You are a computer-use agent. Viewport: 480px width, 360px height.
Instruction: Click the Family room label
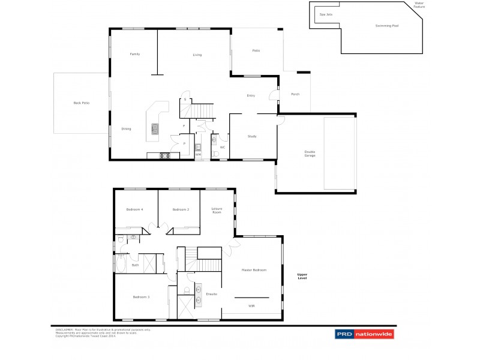pyautogui.click(x=135, y=55)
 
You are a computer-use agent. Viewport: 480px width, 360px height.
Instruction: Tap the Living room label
pyautogui.click(x=197, y=55)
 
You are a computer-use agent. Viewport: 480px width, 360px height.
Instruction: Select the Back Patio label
pyautogui.click(x=81, y=103)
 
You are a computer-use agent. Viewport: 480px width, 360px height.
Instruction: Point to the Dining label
pyautogui.click(x=126, y=129)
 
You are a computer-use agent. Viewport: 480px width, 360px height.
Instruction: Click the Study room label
pyautogui.click(x=252, y=137)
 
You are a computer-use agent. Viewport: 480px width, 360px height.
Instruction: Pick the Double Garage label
pyautogui.click(x=310, y=154)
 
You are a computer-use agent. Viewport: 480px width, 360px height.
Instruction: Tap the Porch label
pyautogui.click(x=295, y=95)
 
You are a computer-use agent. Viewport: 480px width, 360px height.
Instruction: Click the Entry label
pyautogui.click(x=251, y=96)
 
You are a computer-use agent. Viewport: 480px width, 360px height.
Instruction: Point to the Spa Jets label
pyautogui.click(x=326, y=14)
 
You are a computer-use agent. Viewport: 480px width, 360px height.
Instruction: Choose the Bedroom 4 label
pyautogui.click(x=134, y=209)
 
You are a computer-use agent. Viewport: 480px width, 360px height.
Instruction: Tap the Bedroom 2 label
pyautogui.click(x=181, y=209)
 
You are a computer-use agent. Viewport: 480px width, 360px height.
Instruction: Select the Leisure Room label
pyautogui.click(x=217, y=211)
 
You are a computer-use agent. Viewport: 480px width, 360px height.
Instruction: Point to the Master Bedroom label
pyautogui.click(x=254, y=271)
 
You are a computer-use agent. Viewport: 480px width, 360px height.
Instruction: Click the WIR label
pyautogui.click(x=251, y=306)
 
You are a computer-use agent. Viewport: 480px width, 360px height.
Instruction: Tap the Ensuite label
pyautogui.click(x=211, y=294)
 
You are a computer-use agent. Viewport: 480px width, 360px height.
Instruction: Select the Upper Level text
pyautogui.click(x=302, y=277)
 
